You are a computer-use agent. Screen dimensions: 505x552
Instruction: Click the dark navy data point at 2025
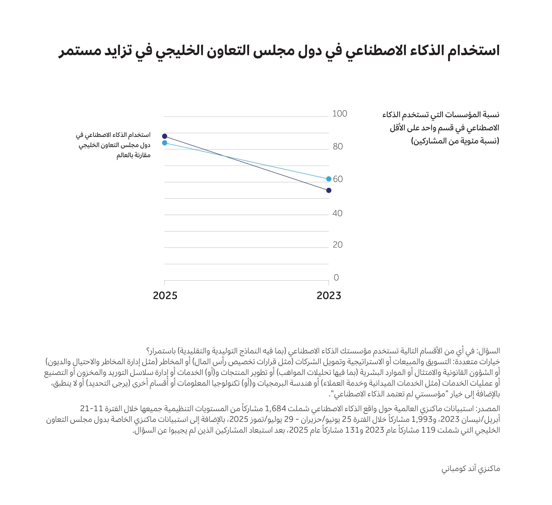point(165,136)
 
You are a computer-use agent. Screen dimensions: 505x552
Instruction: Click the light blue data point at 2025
point(165,143)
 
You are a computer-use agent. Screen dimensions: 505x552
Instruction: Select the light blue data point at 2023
point(329,179)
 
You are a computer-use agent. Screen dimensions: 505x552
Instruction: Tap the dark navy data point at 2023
point(329,190)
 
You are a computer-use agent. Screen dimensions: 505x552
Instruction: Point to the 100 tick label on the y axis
point(340,114)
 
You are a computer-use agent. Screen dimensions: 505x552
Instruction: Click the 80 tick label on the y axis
point(338,147)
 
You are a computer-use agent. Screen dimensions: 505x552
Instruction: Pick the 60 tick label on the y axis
point(338,179)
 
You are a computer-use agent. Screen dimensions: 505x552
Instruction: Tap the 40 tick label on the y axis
point(337,213)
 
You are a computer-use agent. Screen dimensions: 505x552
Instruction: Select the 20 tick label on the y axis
point(338,245)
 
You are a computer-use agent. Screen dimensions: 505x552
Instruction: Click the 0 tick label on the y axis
point(336,278)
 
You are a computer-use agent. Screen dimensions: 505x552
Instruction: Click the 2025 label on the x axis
point(165,296)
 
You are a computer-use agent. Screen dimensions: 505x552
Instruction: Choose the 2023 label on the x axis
point(329,296)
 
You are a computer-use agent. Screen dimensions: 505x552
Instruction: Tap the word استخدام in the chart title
point(474,51)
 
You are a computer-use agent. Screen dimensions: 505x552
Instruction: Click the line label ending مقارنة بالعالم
point(133,155)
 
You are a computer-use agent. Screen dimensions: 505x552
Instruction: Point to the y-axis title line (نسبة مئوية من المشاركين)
point(455,141)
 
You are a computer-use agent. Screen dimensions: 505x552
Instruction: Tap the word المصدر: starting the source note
point(488,409)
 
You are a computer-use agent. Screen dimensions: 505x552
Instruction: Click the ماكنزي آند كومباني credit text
point(471,469)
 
